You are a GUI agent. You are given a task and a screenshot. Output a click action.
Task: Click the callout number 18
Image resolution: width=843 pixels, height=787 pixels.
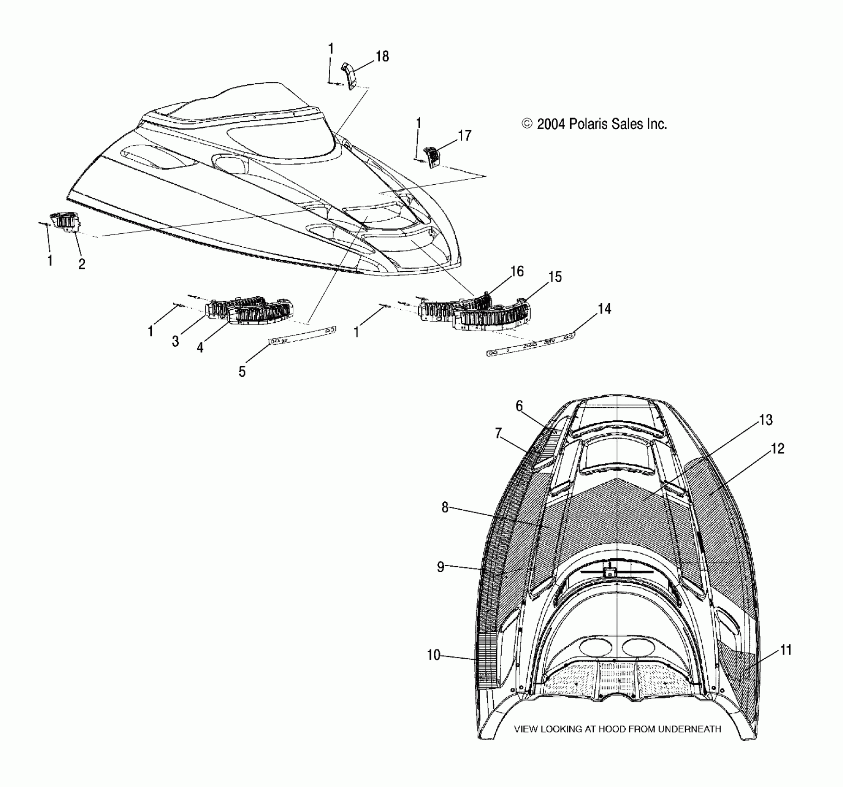coord(382,56)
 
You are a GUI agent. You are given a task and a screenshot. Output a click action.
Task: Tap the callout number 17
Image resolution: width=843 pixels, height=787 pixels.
coord(464,135)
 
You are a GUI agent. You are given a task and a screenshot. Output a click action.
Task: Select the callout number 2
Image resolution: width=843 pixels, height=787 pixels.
coord(82,264)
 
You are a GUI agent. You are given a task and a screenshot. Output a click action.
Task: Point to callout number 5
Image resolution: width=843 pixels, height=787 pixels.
coord(242,371)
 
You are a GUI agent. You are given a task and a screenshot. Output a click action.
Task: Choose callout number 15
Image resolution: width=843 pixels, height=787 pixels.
coord(555,277)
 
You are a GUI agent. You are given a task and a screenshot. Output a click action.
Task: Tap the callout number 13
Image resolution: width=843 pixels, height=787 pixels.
coord(766,420)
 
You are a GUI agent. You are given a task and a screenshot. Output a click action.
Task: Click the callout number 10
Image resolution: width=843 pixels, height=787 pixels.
coord(434,655)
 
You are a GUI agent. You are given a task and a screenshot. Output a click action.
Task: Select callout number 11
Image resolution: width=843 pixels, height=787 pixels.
coord(786,650)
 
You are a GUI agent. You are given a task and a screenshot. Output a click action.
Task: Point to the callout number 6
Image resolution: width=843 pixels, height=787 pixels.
coord(519,406)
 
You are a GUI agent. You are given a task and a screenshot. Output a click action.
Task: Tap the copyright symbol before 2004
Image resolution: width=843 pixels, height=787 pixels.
coord(527,124)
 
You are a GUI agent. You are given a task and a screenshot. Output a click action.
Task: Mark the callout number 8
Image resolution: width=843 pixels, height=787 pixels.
coord(445,507)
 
